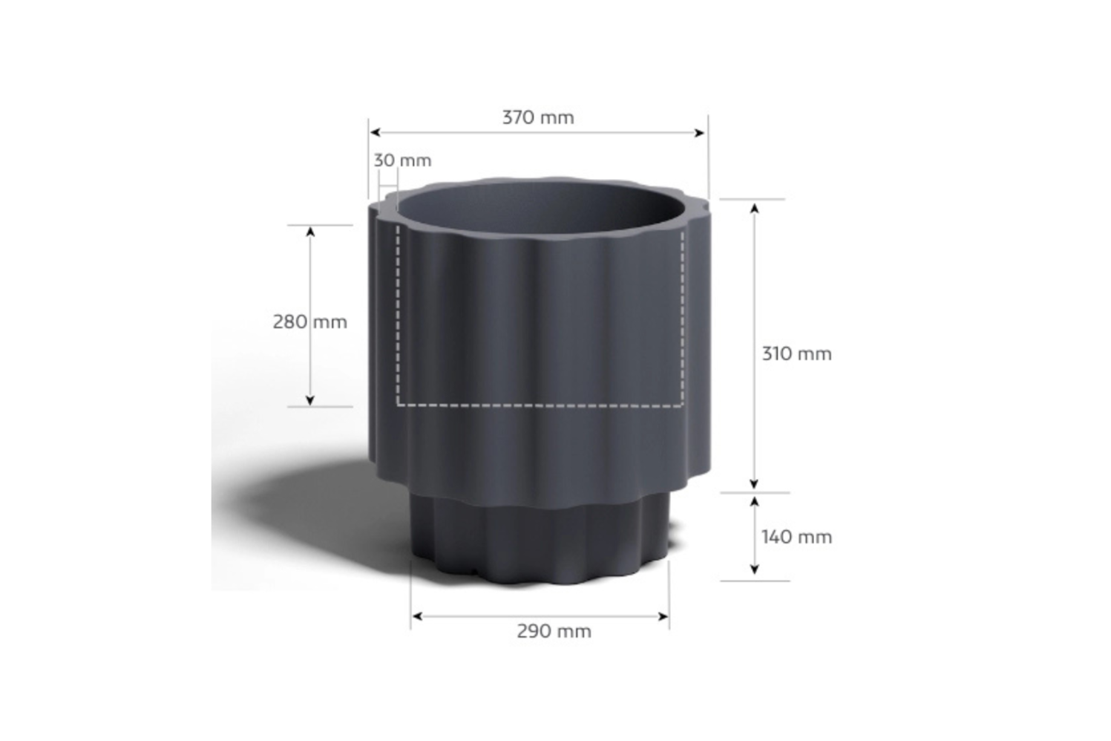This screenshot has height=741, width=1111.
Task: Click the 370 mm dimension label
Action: pyautogui.click(x=538, y=117)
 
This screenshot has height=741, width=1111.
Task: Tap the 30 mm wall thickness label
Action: pyautogui.click(x=402, y=160)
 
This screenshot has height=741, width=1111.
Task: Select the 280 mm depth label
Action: pyautogui.click(x=310, y=322)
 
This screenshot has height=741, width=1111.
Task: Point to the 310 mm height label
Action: pyautogui.click(x=796, y=354)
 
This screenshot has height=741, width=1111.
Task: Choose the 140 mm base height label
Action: pyautogui.click(x=796, y=537)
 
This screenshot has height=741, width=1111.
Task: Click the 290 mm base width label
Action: pyautogui.click(x=554, y=632)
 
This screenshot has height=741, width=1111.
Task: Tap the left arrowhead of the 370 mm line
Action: pyautogui.click(x=375, y=132)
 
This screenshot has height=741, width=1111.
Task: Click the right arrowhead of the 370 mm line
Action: pyautogui.click(x=699, y=132)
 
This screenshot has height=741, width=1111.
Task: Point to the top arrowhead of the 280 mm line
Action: pyautogui.click(x=310, y=232)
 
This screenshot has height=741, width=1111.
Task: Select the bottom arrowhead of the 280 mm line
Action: pyautogui.click(x=310, y=400)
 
